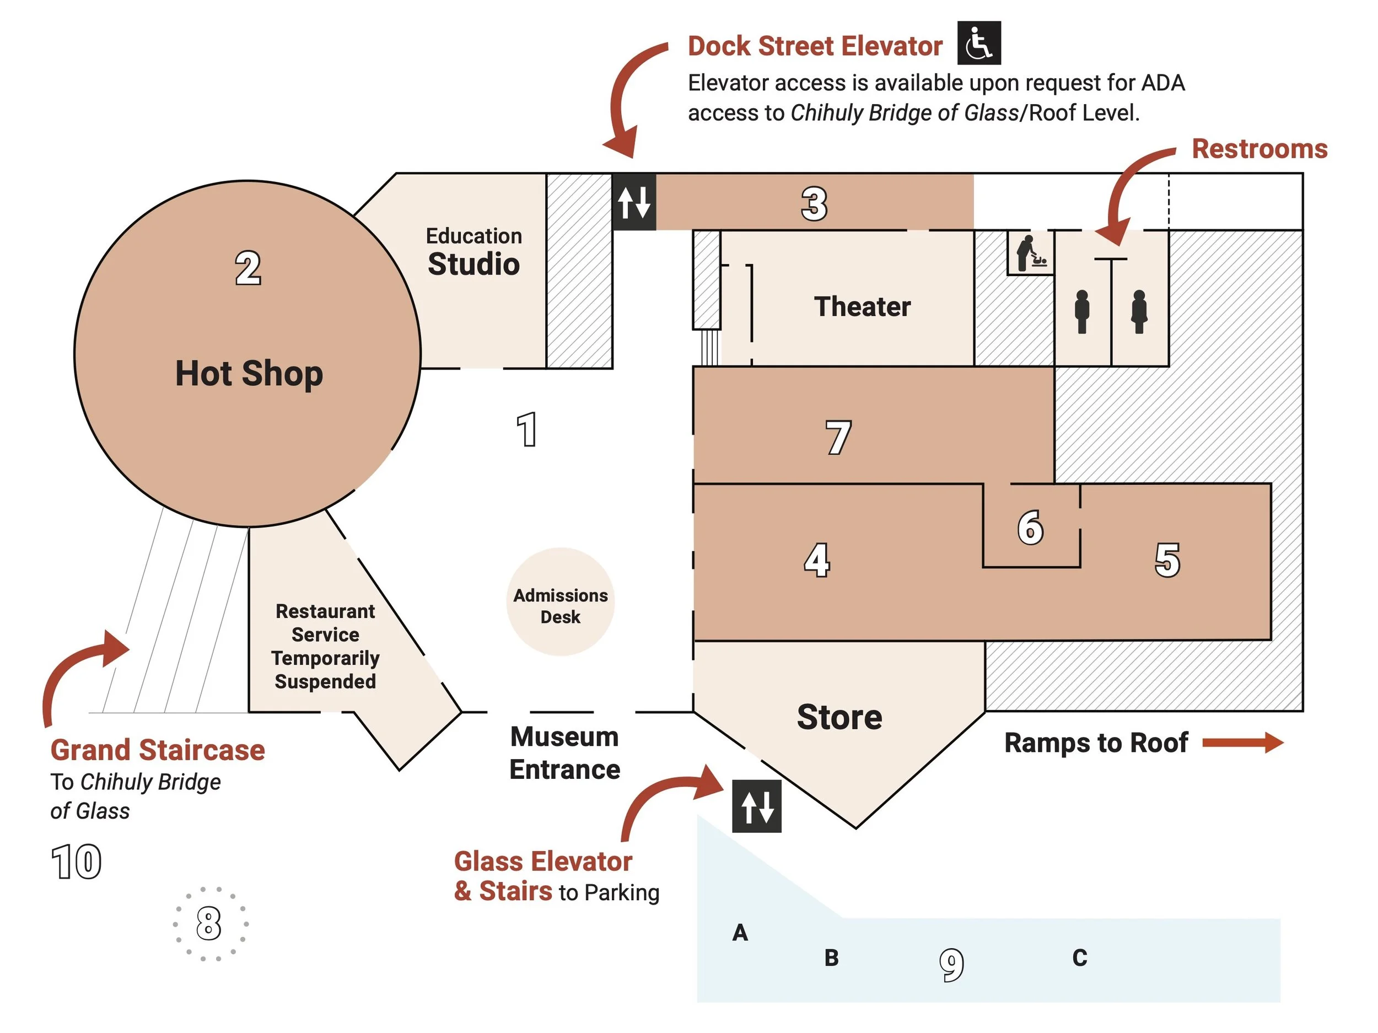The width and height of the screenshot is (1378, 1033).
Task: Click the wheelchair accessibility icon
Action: (979, 43)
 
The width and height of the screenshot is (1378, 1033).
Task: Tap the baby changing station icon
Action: (1030, 253)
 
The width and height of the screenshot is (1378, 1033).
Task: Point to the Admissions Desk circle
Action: (560, 602)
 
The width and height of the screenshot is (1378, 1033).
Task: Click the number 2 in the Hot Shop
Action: (248, 268)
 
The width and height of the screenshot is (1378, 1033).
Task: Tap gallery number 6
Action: (1030, 527)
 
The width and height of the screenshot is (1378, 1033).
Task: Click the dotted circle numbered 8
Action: (209, 923)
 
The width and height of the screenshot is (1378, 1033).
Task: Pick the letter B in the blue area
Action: (831, 957)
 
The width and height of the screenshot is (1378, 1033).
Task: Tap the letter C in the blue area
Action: (1080, 957)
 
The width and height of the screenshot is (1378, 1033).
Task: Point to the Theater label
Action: (862, 306)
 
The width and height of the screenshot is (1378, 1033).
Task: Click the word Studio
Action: (473, 264)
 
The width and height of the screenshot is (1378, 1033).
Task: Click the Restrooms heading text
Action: (1259, 149)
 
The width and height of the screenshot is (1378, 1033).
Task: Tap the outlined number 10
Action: (76, 862)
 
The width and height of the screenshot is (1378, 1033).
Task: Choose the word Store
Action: (839, 717)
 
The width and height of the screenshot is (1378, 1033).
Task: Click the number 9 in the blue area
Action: (951, 965)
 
